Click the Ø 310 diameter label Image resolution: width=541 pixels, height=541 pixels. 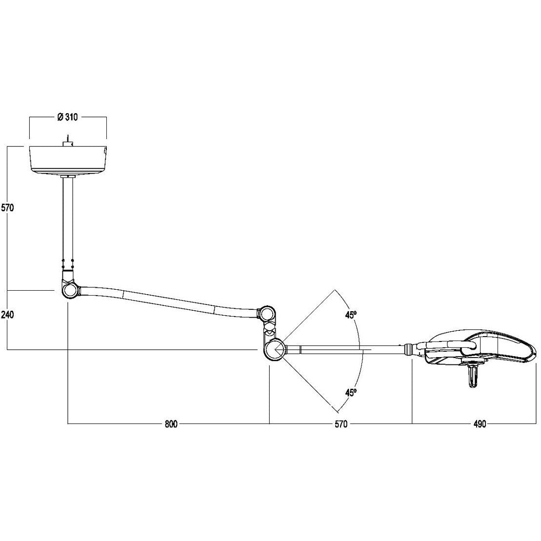[x=68, y=117]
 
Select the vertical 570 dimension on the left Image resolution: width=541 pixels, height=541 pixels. [x=7, y=208]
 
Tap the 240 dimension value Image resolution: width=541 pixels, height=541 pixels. [x=7, y=314]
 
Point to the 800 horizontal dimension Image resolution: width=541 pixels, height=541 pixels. [x=171, y=424]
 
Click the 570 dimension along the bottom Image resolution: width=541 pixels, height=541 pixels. [x=341, y=424]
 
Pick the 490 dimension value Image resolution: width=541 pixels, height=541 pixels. [x=480, y=424]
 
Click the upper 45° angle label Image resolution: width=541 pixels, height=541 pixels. [x=351, y=315]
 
